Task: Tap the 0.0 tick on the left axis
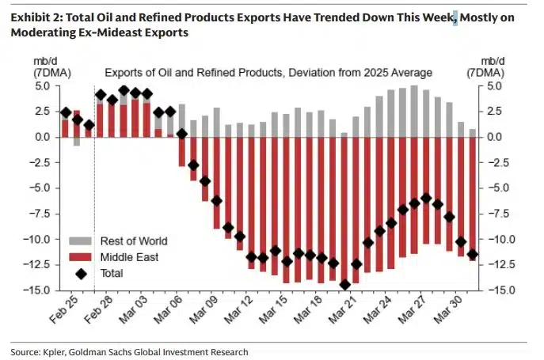[x=44, y=137]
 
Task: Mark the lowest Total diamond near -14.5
[x=344, y=285]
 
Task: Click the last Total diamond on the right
[x=472, y=254]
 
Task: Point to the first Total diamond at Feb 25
[x=66, y=112]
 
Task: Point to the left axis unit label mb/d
[x=40, y=60]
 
